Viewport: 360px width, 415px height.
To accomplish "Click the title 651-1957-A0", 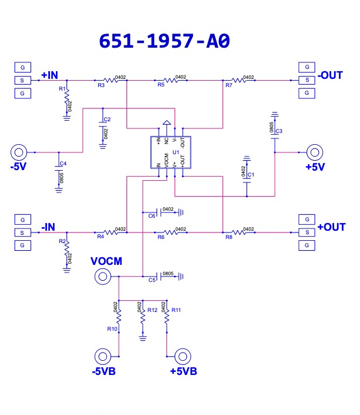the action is pyautogui.click(x=164, y=41).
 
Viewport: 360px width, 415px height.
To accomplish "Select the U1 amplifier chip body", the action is pyautogui.click(x=171, y=152).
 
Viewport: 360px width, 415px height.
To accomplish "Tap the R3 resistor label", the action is pyautogui.click(x=101, y=85).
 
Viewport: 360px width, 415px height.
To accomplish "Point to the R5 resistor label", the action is pyautogui.click(x=161, y=85).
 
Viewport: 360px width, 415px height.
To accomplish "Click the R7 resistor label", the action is pyautogui.click(x=229, y=85).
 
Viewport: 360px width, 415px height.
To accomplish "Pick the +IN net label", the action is pyautogui.click(x=49, y=75).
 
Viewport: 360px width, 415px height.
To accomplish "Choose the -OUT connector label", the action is pyautogui.click(x=330, y=75).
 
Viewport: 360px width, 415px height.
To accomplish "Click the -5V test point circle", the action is pyautogui.click(x=19, y=152).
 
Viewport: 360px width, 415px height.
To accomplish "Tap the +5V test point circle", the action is pyautogui.click(x=315, y=152).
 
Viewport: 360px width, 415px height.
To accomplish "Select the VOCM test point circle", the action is pyautogui.click(x=102, y=277).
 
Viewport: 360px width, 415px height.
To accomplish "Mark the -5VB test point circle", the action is pyautogui.click(x=102, y=357).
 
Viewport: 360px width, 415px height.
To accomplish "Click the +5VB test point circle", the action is pyautogui.click(x=183, y=357).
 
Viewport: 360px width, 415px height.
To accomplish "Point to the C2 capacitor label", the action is pyautogui.click(x=107, y=119).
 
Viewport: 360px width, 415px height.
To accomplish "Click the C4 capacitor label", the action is pyautogui.click(x=63, y=164).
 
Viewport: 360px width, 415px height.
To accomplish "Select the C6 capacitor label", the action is pyautogui.click(x=152, y=216).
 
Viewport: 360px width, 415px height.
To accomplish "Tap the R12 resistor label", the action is pyautogui.click(x=152, y=310).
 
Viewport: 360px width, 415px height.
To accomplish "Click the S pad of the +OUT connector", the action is pyautogui.click(x=307, y=233).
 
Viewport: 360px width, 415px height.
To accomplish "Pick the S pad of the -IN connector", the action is pyautogui.click(x=23, y=233).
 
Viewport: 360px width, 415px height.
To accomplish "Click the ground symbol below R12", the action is pyautogui.click(x=143, y=338).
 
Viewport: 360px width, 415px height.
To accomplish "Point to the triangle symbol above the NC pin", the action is pyautogui.click(x=166, y=122).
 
